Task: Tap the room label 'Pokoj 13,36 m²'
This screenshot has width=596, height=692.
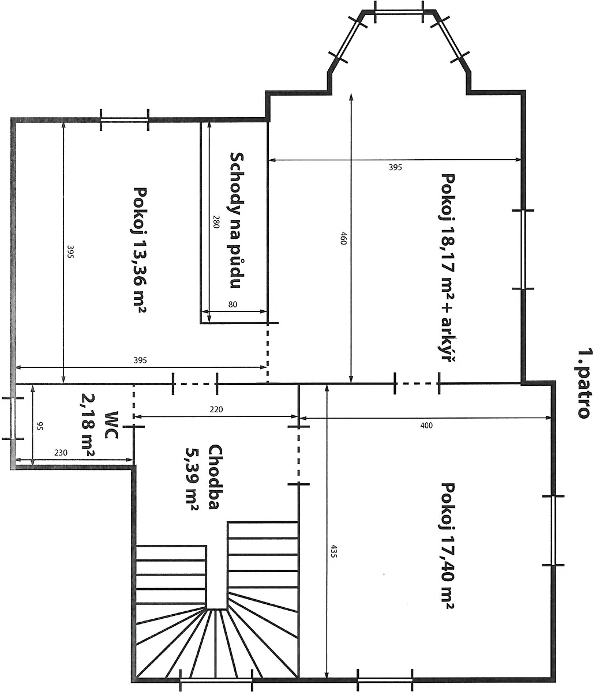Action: click(140, 250)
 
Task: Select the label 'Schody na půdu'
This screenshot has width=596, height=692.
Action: click(237, 220)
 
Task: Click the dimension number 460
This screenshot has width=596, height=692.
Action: click(343, 238)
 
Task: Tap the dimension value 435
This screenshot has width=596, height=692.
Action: click(333, 551)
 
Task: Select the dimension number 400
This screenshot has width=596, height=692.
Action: click(426, 426)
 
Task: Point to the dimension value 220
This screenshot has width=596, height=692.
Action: click(216, 409)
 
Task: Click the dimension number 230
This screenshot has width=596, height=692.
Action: click(61, 453)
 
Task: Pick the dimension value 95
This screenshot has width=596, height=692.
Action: click(40, 426)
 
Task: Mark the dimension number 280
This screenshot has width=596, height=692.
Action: click(216, 221)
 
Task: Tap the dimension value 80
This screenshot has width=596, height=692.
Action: click(233, 304)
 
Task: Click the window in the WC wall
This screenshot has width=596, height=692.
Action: click(13, 419)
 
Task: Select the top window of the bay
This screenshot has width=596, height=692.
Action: click(399, 12)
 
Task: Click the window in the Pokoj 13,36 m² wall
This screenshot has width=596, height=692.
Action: click(124, 120)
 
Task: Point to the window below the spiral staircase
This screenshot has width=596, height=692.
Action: click(216, 680)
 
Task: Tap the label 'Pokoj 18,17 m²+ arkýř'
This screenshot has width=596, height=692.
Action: click(448, 268)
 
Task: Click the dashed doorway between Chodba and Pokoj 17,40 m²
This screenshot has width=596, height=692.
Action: click(298, 456)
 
